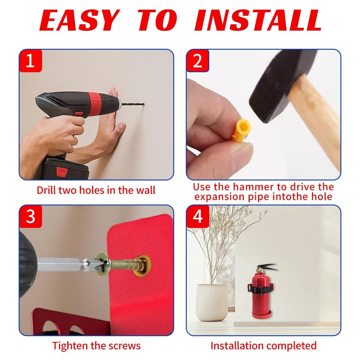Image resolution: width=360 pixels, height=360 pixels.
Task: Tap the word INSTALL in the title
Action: (258, 21)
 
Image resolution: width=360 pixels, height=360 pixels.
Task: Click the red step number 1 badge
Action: (31, 61)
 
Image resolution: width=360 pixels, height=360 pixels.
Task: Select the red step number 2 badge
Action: (198, 61)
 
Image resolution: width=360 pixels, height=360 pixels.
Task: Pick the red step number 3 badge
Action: (31, 217)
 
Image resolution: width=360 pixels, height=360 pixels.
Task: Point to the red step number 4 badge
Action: (198, 217)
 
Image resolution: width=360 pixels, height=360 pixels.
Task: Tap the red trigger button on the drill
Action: (79, 113)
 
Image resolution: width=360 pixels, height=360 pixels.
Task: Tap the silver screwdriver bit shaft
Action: (61, 265)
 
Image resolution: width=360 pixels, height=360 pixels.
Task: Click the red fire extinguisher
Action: (261, 292)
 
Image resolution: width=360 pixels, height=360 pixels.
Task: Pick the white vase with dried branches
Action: (212, 302)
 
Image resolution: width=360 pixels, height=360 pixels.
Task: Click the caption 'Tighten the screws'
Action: (96, 346)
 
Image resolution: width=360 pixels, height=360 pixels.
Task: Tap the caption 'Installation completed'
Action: (264, 346)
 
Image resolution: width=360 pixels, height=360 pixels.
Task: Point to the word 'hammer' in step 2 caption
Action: (252, 187)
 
